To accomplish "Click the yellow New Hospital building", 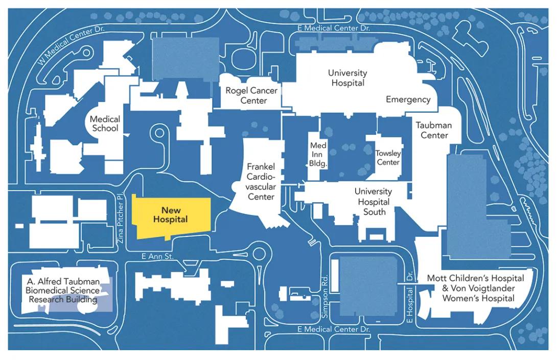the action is [x=171, y=216].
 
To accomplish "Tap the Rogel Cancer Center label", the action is [x=251, y=95].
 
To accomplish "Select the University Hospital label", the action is [x=347, y=78].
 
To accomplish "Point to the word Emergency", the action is [x=408, y=100].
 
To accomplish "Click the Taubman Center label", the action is [x=434, y=130].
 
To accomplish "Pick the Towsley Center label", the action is [x=388, y=158].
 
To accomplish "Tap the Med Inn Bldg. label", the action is [x=318, y=154].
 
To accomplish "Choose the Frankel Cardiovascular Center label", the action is [x=261, y=181].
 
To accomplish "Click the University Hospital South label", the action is [x=374, y=202].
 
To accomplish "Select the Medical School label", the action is [x=105, y=124].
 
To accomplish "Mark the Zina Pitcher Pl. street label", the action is [x=120, y=218].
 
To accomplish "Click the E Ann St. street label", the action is [x=157, y=256].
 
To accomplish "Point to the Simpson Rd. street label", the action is [x=325, y=296].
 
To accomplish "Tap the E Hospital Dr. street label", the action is [x=409, y=297].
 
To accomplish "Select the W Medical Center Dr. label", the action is [x=71, y=44].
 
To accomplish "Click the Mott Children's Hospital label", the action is [x=476, y=278].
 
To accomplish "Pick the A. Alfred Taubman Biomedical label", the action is [x=63, y=291].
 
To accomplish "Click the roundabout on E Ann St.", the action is [x=259, y=254].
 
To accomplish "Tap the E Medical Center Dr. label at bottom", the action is [x=334, y=329].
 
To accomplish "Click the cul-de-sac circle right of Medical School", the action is [x=159, y=133].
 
